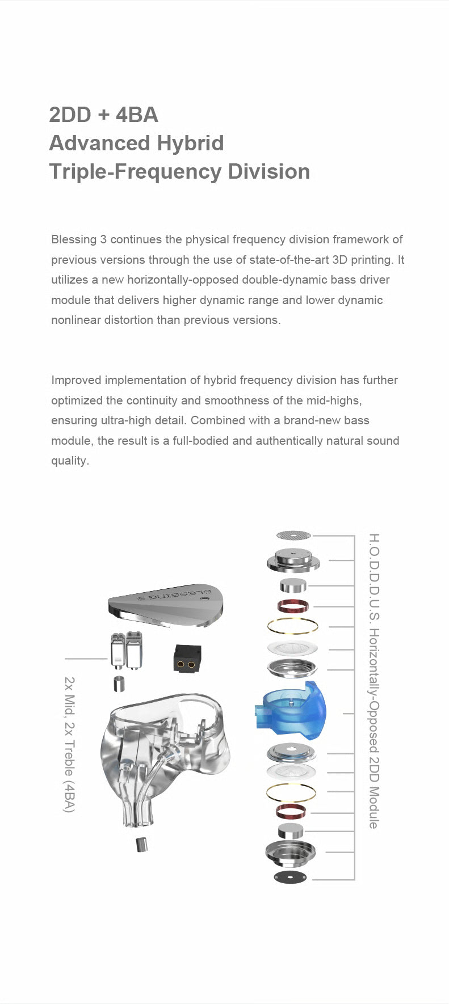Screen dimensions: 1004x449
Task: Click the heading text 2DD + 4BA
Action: [x=103, y=115]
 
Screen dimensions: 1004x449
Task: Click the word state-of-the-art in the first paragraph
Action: [x=289, y=260]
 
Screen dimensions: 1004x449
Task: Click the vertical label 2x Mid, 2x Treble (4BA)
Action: [x=69, y=744]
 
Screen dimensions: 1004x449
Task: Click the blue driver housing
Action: [x=291, y=712]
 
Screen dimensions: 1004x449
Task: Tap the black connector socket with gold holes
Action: [x=187, y=659]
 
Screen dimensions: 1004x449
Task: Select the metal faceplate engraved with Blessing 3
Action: [x=166, y=605]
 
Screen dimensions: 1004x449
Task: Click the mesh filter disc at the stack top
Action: [x=293, y=535]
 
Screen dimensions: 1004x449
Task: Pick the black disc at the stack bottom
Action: [x=290, y=877]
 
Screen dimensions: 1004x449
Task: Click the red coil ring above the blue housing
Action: [x=293, y=606]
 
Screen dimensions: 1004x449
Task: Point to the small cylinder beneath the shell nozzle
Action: [x=141, y=844]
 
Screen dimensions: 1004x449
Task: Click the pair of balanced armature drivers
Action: [x=126, y=650]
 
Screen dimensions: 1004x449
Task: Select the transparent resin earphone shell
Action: [x=165, y=754]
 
